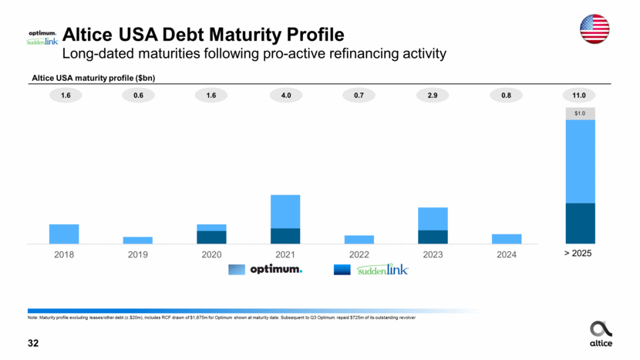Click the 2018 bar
tap(64, 234)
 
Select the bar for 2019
tap(137, 240)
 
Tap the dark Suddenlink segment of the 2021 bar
tap(285, 236)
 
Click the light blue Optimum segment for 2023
tap(433, 219)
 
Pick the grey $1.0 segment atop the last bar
tap(580, 113)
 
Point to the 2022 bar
tap(359, 239)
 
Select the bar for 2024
tap(507, 238)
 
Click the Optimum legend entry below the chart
tap(266, 270)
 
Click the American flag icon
tap(594, 29)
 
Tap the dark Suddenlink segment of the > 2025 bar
tap(580, 223)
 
